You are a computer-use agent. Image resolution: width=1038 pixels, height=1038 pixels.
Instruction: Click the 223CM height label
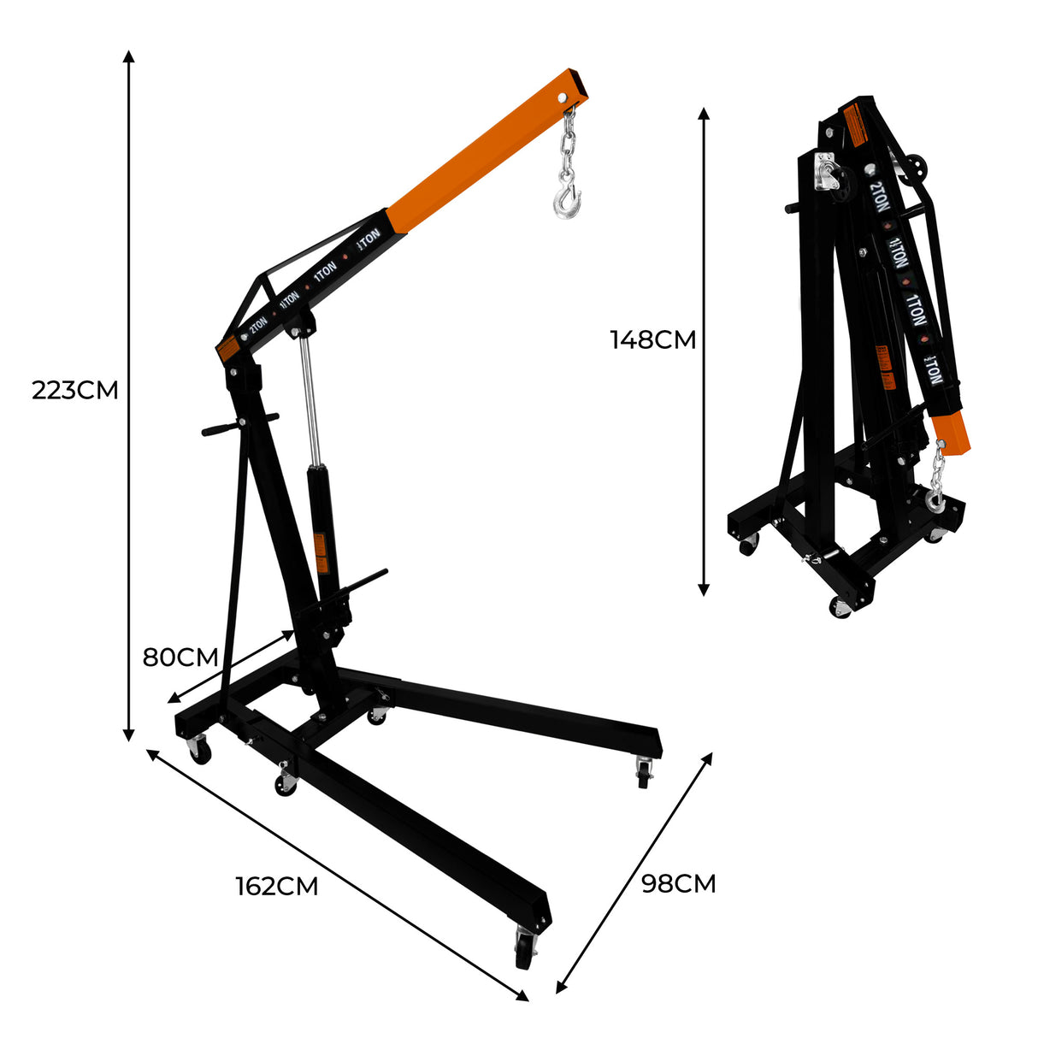click(x=74, y=391)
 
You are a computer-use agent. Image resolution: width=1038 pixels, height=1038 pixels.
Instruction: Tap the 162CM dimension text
click(x=277, y=887)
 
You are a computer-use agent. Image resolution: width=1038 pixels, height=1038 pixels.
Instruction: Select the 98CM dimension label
click(x=678, y=883)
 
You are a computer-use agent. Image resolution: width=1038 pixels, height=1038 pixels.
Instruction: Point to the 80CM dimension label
click(x=180, y=658)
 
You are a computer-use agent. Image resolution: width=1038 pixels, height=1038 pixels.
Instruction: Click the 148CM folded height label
click(x=652, y=340)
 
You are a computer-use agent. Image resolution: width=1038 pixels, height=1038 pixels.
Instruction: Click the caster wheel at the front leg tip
click(x=524, y=949)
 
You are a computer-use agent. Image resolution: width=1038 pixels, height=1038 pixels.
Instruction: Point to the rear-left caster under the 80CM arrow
click(x=198, y=752)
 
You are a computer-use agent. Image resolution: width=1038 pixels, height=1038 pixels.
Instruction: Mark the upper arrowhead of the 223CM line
click(x=128, y=56)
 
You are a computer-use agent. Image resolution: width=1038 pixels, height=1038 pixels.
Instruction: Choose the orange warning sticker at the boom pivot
click(x=227, y=350)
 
